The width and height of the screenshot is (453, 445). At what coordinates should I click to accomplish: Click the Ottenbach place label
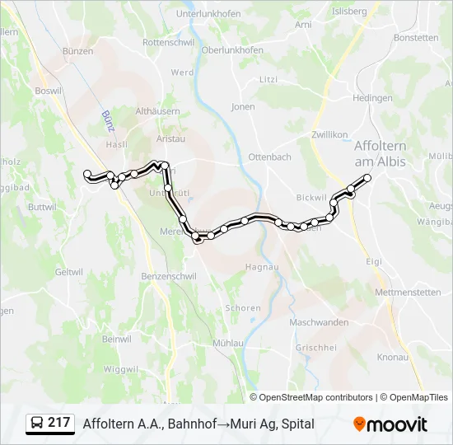coord(269,157)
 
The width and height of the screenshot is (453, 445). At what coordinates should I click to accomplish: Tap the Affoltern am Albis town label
coord(380,153)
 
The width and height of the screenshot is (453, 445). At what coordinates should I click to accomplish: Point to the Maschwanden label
coord(318,322)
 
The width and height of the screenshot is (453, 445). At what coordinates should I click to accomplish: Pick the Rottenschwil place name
coord(168,41)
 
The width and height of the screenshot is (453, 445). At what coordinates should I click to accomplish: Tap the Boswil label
coord(49,91)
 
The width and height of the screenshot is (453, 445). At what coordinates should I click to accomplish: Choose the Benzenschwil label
coord(169,276)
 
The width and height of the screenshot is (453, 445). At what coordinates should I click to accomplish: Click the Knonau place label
coord(392,357)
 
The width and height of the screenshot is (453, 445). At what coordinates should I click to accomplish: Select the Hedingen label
coord(372,98)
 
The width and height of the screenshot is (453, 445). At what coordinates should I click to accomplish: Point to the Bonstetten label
coord(416,38)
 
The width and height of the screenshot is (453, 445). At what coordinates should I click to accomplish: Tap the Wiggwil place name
coord(122,368)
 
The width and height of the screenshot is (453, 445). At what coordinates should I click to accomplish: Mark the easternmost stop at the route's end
coord(367,178)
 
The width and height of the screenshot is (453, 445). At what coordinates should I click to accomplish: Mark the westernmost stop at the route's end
coord(87,173)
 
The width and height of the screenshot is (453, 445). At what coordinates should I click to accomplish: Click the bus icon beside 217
coord(37,424)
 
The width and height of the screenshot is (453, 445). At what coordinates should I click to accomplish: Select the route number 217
coord(59,424)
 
